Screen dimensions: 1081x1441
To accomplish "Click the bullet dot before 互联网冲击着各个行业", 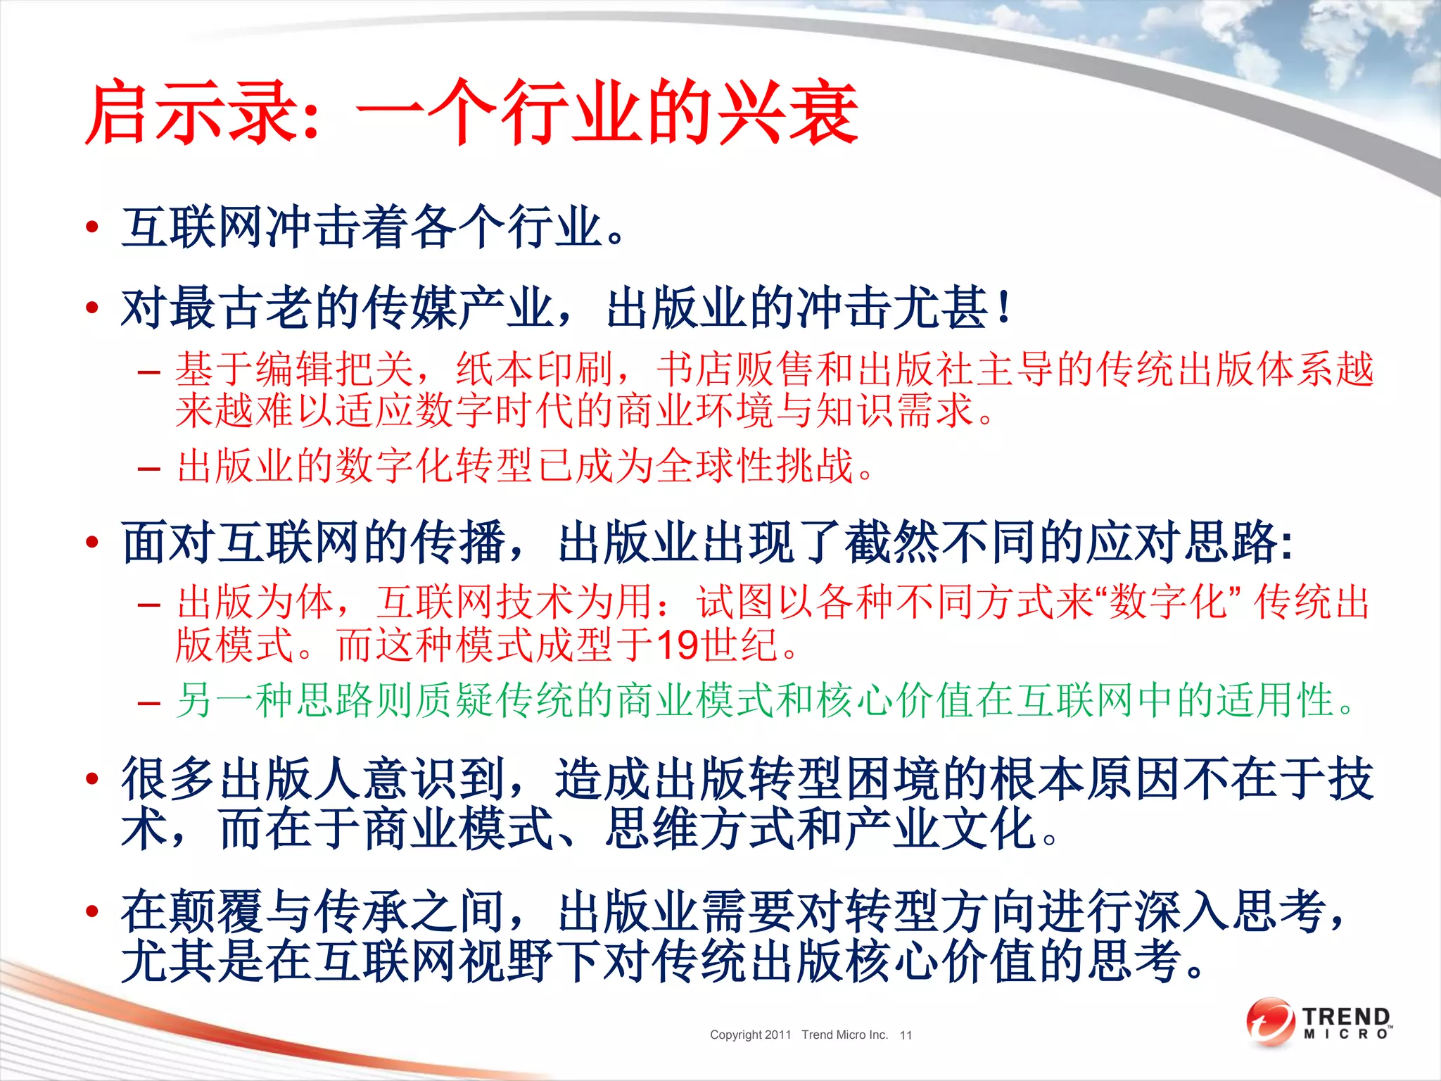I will click(x=91, y=227).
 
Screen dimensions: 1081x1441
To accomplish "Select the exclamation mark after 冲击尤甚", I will click(x=1005, y=308).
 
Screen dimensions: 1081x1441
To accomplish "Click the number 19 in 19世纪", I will click(x=678, y=645).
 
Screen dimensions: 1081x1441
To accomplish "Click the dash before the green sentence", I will click(x=149, y=702).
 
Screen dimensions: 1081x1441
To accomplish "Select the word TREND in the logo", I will click(x=1346, y=1016).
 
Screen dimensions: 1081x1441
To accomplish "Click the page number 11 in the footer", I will click(x=906, y=1035).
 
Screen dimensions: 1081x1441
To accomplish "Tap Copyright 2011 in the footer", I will click(x=750, y=1035).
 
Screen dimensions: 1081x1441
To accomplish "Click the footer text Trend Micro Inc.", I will click(x=844, y=1035).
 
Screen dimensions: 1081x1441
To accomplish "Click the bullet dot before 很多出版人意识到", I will click(x=91, y=778).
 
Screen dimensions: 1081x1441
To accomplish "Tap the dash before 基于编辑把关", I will click(x=149, y=371).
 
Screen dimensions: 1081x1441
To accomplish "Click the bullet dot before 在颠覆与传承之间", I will click(x=91, y=911).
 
